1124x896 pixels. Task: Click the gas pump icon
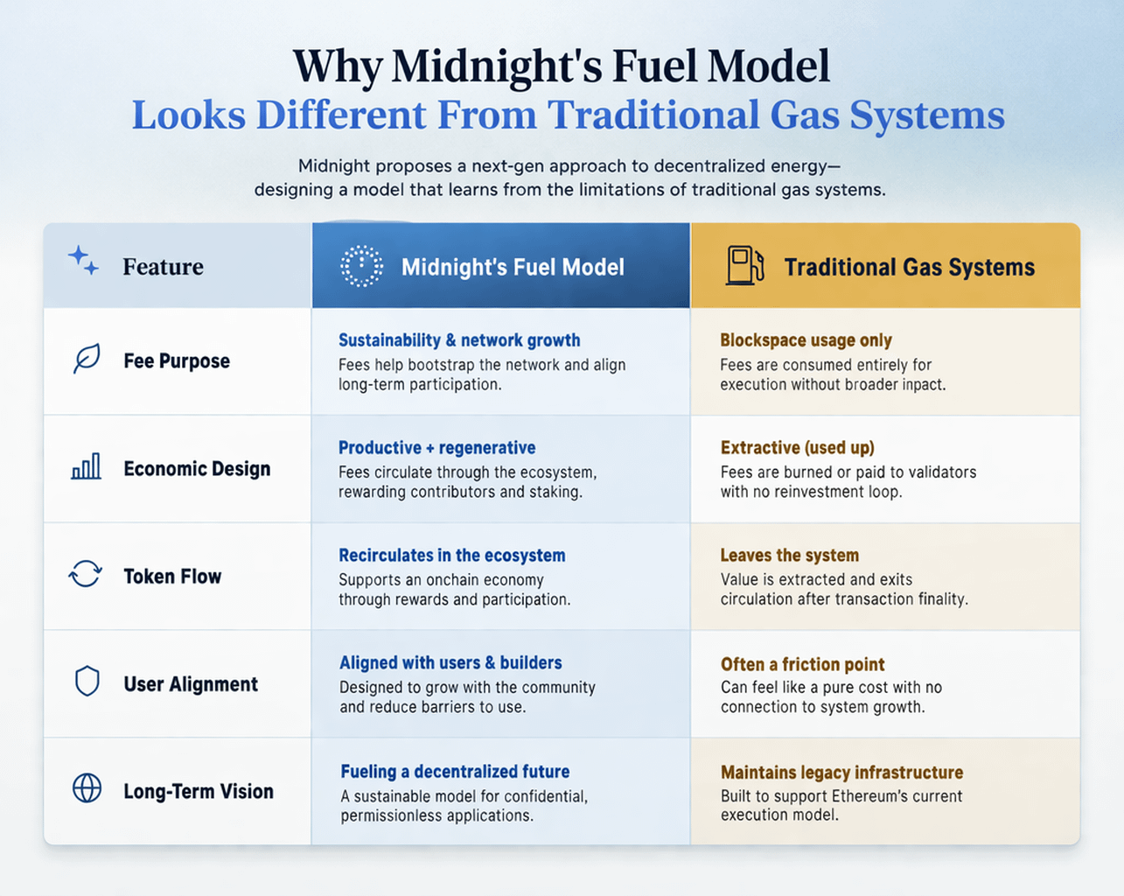(x=744, y=265)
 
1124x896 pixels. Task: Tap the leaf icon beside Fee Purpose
(x=87, y=359)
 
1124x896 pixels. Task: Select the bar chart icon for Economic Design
(x=86, y=467)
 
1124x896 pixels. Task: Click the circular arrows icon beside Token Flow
(x=86, y=575)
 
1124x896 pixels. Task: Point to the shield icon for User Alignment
(x=87, y=682)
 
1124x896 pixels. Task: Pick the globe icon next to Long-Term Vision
(x=87, y=788)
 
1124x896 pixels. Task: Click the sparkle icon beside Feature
(x=83, y=261)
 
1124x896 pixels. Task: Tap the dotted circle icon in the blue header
(x=361, y=266)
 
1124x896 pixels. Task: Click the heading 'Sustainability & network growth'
(x=459, y=340)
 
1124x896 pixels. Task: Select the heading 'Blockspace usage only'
(x=806, y=340)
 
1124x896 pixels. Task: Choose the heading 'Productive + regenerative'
(x=436, y=448)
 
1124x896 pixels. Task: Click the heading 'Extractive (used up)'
(x=797, y=448)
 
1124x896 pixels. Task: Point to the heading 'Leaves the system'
(x=789, y=556)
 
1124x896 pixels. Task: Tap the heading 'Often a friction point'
(x=802, y=664)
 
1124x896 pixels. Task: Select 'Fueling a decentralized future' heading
(x=455, y=772)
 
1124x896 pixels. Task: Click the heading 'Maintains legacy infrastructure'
(x=841, y=773)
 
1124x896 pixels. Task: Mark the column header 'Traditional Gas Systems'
(x=909, y=267)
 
